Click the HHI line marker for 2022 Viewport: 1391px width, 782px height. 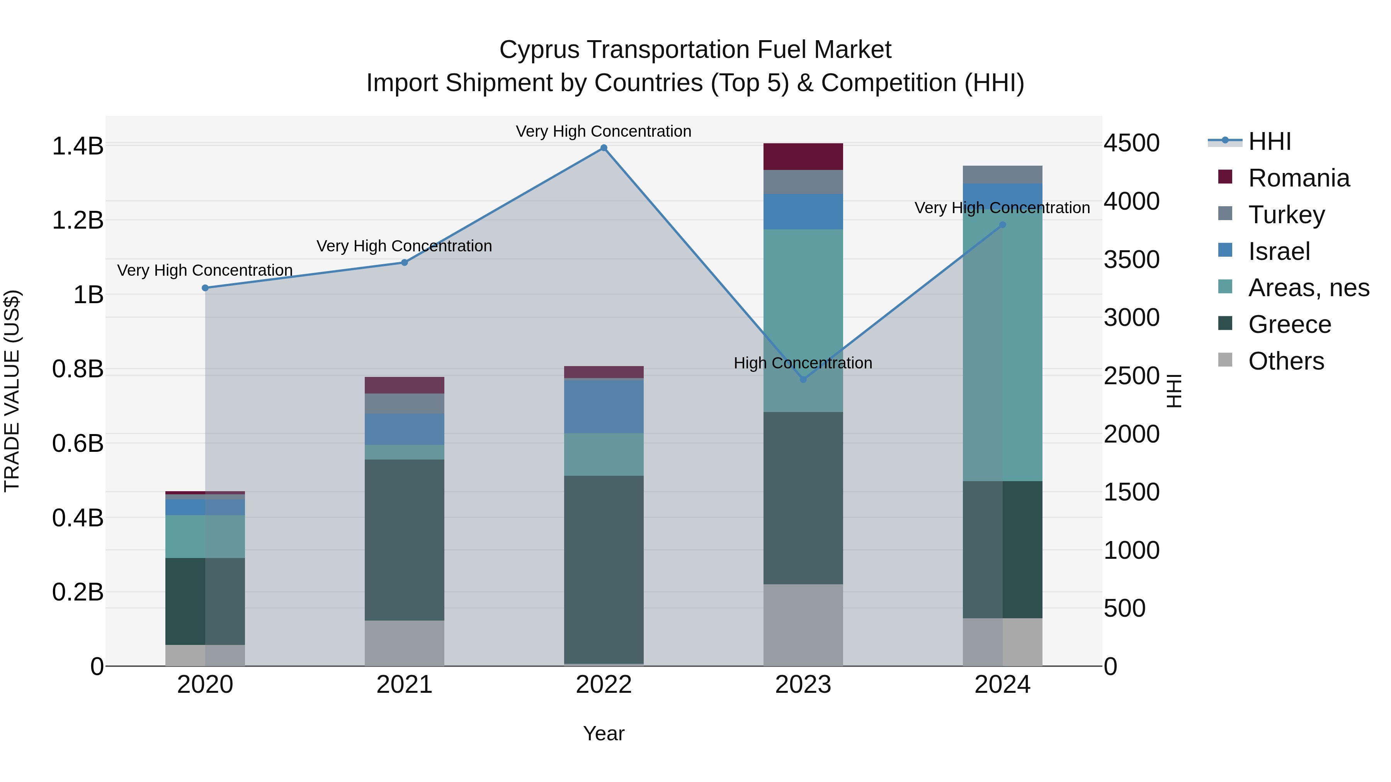[604, 148]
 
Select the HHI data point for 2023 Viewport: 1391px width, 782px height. [803, 379]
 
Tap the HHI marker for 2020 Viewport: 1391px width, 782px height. [205, 288]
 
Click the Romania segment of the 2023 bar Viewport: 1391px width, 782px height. [803, 156]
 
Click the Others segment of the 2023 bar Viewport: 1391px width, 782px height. [803, 624]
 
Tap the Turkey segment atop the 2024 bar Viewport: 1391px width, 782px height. [1002, 174]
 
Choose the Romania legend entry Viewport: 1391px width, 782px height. [1298, 178]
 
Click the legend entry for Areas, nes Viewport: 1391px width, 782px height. [1308, 288]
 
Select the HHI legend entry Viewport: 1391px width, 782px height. [1269, 141]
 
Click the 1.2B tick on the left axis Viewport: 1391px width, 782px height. [77, 220]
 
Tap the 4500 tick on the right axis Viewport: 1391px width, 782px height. [1131, 144]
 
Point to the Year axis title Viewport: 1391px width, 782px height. [604, 733]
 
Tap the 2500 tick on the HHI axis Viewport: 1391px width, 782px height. [1131, 376]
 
